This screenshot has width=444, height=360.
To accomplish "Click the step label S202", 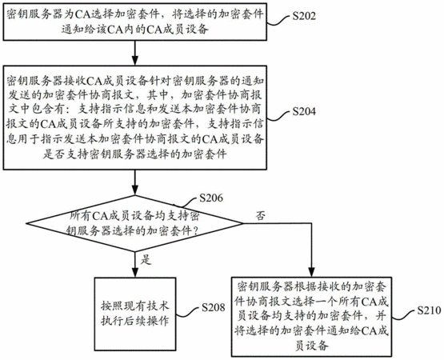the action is pos(304,16).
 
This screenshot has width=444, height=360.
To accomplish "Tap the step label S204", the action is pos(304,111).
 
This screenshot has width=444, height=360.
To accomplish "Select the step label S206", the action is pos(211,198).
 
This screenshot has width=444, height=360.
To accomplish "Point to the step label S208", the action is pos(214,307).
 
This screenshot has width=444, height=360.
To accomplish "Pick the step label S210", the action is pos(429,310).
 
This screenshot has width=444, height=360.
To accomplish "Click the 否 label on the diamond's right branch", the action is pos(261,215).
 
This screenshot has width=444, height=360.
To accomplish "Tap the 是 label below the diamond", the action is pos(146,259).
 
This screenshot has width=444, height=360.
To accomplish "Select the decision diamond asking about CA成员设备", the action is pos(134,223).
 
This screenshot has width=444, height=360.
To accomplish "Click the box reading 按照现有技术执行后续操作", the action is pos(135,314).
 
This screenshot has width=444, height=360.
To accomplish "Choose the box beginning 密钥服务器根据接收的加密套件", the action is pos(311,317).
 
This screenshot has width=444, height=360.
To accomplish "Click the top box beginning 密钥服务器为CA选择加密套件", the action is pos(134,22).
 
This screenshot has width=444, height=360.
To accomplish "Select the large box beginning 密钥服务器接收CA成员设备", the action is pos(134,118).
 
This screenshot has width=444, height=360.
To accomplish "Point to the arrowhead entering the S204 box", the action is pos(134,62).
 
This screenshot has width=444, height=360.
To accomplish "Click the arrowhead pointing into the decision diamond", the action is pos(134,191).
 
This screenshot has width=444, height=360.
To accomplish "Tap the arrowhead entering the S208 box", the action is pos(135,273).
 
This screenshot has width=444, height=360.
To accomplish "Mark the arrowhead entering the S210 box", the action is pos(311,273).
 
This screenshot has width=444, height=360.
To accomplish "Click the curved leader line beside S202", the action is pos(279,20).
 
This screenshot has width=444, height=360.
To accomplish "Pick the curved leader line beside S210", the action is pos(404,315).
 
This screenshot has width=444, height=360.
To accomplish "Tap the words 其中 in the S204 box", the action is pos(158,95).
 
